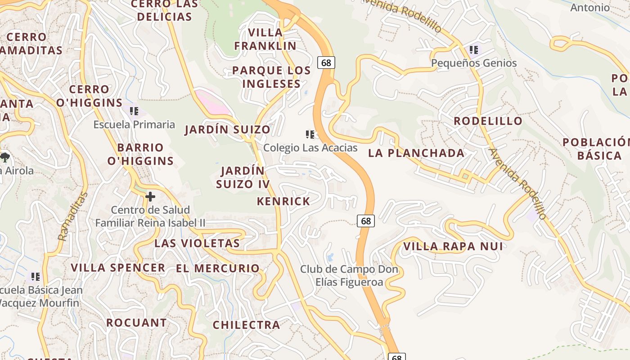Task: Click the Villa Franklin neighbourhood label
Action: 265,39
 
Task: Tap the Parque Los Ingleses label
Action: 271,77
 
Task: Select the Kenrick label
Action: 283,202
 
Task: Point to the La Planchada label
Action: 416,153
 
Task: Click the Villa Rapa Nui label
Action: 453,247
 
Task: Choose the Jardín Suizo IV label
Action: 243,177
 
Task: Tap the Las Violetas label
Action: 197,243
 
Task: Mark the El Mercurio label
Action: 218,269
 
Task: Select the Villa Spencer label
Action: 118,268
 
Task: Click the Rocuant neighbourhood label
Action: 136,323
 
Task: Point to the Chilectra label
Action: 246,325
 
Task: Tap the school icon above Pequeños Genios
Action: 473,50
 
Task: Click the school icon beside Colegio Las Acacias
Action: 310,135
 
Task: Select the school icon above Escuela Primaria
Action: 134,111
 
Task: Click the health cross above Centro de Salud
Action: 150,197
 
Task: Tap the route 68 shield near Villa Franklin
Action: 326,63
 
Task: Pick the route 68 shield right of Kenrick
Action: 366,220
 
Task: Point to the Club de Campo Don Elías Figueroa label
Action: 349,276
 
